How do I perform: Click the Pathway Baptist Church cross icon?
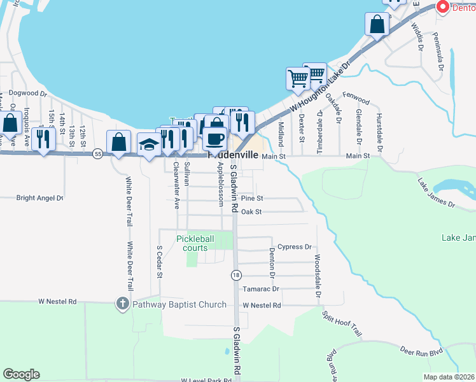pos(123,304)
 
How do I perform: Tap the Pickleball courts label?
pos(195,243)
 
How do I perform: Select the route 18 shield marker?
pos(236,274)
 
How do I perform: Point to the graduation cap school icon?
pos(149,145)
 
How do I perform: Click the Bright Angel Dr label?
pos(40,198)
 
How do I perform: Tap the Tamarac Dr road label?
pos(261,288)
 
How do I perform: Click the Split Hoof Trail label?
pos(342,325)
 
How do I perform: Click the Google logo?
pos(21,374)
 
